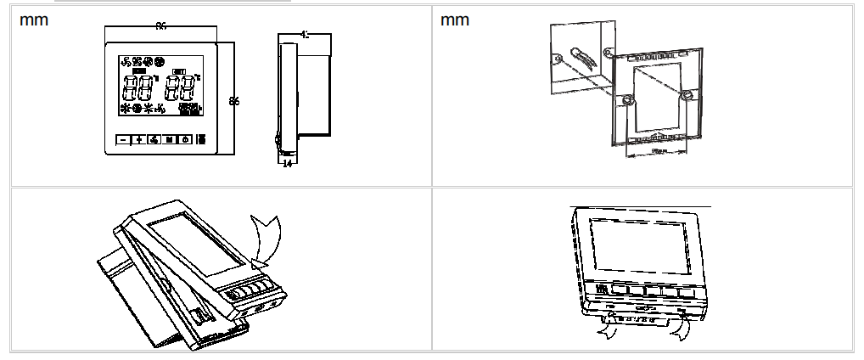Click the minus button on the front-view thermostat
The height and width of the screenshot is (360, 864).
coord(124,140)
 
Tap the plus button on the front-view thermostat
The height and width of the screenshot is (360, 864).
coord(139,140)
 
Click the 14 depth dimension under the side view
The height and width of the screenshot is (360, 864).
coord(287,163)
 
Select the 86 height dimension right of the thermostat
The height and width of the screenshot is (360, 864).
coord(234,101)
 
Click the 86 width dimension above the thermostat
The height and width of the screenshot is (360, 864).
coord(160,26)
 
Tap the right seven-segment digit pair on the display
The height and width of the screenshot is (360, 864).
coord(179,88)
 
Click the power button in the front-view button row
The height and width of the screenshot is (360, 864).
coord(184,140)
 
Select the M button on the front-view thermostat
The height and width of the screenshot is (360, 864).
coord(169,140)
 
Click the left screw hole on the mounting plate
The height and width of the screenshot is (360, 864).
coord(626,101)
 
